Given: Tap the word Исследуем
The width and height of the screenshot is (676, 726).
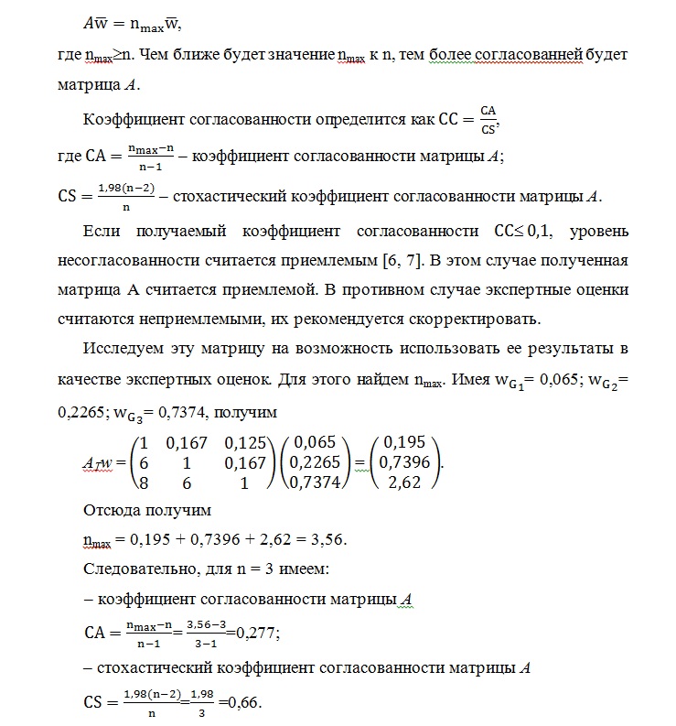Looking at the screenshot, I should click(x=123, y=349).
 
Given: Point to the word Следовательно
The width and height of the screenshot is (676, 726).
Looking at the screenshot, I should click(x=134, y=569).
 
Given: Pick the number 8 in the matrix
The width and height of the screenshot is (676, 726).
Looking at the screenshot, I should click(x=145, y=482).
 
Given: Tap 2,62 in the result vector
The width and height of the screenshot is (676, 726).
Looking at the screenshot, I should click(x=403, y=482).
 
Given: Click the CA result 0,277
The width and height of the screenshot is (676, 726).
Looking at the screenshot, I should click(x=258, y=631).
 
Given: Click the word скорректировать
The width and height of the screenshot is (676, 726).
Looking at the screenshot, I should click(x=471, y=320).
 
